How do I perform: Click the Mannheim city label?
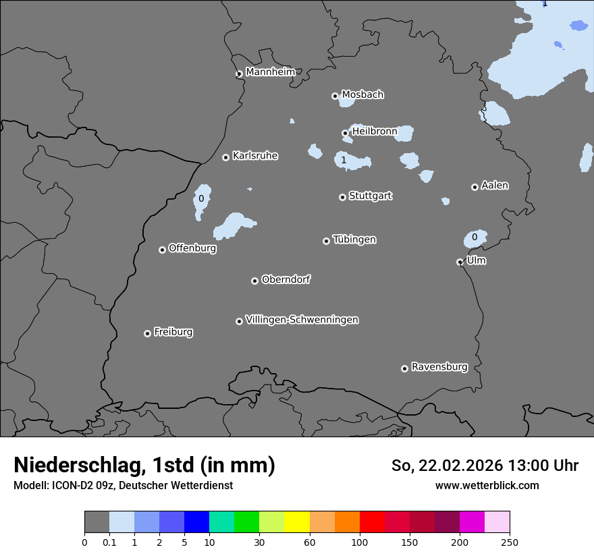pos(270,72)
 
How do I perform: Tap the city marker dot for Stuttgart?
pos(342,197)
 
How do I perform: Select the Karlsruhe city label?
pos(255,156)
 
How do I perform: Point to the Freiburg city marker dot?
pos(147,333)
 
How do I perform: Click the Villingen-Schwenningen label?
pos(302,320)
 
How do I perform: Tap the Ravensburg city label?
pos(439,367)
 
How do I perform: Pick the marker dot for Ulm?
pos(460,262)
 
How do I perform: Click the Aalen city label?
pos(495,186)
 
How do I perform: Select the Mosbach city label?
pos(362,95)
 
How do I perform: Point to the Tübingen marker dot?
pos(326,241)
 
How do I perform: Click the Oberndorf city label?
pos(286,279)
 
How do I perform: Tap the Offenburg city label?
pos(192,248)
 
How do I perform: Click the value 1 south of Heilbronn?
pos(344,160)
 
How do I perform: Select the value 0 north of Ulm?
pos(475,237)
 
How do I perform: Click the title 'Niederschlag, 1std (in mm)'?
pos(144,465)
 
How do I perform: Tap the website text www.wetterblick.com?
pos(487,485)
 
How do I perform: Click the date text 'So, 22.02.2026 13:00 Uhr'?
pos(485,466)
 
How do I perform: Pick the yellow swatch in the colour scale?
pos(297,522)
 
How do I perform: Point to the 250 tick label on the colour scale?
pos(510,542)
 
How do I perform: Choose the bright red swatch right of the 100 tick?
pos(372,522)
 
